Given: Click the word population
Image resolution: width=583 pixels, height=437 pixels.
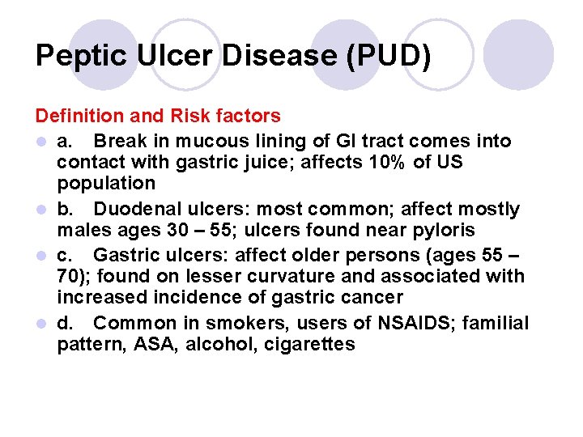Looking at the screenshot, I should tap(105, 183).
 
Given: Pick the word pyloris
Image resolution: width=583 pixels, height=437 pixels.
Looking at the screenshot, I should tap(440, 230).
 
